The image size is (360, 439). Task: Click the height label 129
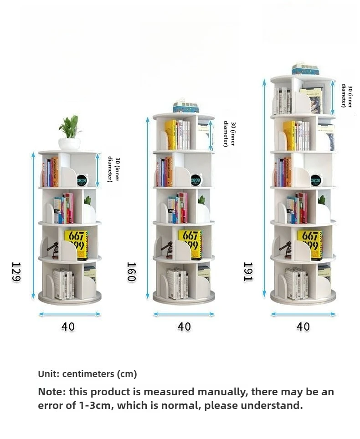click(16, 272)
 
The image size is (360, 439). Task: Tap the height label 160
click(131, 272)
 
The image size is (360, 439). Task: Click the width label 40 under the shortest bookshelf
click(68, 327)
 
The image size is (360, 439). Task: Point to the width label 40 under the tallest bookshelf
click(303, 327)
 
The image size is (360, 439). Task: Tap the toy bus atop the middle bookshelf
click(185, 107)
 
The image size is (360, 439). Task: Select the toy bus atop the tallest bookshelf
click(305, 69)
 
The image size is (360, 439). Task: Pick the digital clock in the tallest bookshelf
click(315, 180)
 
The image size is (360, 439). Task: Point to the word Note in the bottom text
click(51, 392)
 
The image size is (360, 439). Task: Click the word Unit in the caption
click(48, 374)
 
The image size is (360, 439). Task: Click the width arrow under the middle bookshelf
click(184, 314)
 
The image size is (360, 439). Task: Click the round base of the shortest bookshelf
click(70, 299)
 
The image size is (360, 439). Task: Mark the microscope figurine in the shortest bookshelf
click(53, 250)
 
